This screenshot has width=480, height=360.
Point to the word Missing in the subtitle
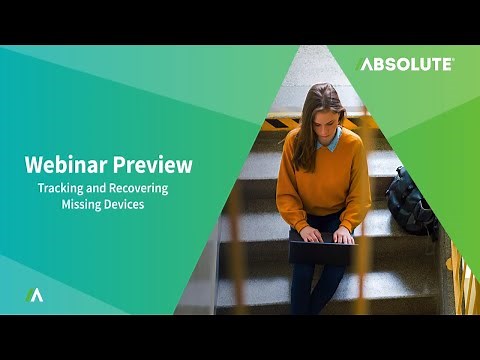click(x=82, y=204)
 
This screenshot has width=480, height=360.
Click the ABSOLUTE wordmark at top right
click(x=413, y=64)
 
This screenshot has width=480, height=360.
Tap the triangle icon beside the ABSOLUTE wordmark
click(x=364, y=64)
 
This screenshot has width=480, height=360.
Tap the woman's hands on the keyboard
click(x=325, y=236)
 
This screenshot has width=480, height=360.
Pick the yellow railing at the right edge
click(x=462, y=280)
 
